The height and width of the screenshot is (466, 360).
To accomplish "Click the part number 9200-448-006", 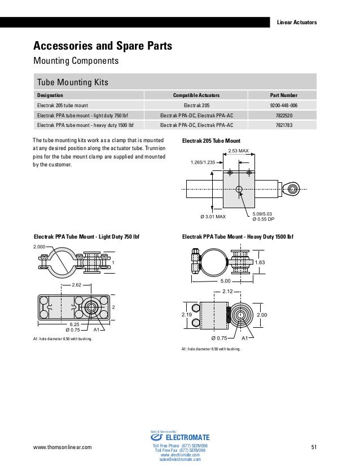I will pyautogui.click(x=284, y=104).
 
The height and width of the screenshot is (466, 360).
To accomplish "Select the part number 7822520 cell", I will pyautogui.click(x=284, y=115).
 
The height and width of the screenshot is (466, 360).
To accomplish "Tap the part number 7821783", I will pyautogui.click(x=284, y=125).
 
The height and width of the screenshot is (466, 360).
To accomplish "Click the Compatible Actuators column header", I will pyautogui.click(x=196, y=95).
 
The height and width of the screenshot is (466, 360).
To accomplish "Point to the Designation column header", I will pyautogui.click(x=50, y=95).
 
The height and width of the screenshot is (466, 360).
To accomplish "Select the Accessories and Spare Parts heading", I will pyautogui.click(x=103, y=45).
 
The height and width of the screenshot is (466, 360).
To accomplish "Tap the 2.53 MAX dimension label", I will pyautogui.click(x=239, y=151).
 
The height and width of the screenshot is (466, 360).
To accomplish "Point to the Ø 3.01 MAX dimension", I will pyautogui.click(x=213, y=217).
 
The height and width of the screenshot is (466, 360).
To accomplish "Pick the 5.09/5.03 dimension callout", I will pyautogui.click(x=262, y=214).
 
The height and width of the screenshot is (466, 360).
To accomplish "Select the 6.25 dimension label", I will pyautogui.click(x=74, y=324).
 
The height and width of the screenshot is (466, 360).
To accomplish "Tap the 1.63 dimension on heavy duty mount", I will pyautogui.click(x=260, y=262).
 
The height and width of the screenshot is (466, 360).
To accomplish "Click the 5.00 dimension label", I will pyautogui.click(x=225, y=280).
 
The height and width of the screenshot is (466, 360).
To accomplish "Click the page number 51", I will pyautogui.click(x=315, y=447).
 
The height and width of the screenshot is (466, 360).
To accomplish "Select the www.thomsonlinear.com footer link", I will pyautogui.click(x=62, y=447).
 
